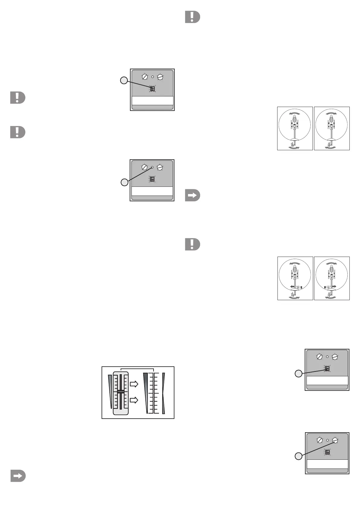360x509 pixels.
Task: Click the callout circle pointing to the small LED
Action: tap(125, 182)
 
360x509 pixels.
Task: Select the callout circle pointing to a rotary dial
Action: tap(298, 456)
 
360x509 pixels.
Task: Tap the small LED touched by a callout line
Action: tap(152, 167)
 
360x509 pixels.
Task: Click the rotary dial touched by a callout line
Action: tap(335, 440)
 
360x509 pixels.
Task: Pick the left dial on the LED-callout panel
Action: tap(144, 167)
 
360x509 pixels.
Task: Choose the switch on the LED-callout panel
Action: tap(152, 179)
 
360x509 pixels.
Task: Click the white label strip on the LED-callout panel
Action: tap(152, 191)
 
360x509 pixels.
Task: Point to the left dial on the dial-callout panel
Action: tap(319, 440)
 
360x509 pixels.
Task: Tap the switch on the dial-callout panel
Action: tap(327, 452)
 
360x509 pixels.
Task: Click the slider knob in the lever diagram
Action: tap(121, 392)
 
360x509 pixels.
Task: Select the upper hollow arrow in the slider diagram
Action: tap(134, 384)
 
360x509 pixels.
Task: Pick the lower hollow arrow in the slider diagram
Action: tap(134, 400)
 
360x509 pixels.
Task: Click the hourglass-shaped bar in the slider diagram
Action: tap(164, 393)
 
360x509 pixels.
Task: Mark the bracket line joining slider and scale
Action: tap(137, 369)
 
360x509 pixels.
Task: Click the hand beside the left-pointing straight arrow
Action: tap(298, 287)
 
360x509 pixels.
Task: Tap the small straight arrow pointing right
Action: tap(334, 286)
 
